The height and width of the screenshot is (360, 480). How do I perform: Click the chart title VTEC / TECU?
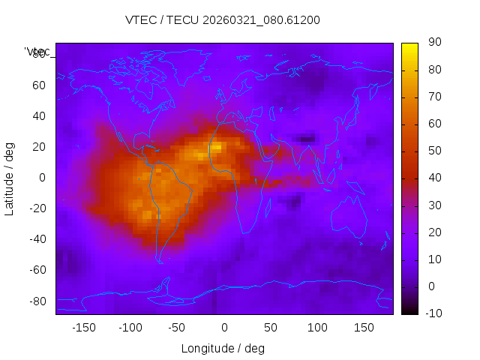223,20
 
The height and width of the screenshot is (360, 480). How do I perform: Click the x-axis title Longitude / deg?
223,349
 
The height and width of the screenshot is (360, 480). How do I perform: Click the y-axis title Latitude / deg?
10,178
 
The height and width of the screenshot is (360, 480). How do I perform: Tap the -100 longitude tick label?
130,328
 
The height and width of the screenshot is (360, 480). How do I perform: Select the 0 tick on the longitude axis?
224,328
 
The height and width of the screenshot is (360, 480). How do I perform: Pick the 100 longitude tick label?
318,328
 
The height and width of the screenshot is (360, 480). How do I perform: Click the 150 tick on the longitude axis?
364,328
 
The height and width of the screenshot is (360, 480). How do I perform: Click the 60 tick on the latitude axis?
39,85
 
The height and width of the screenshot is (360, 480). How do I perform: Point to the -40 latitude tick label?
36,239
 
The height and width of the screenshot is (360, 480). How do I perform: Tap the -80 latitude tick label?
36,301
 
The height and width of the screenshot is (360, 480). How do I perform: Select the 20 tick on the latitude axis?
39,146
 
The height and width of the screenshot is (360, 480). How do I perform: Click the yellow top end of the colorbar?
409,46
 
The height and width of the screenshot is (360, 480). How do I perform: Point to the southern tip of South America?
160,260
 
